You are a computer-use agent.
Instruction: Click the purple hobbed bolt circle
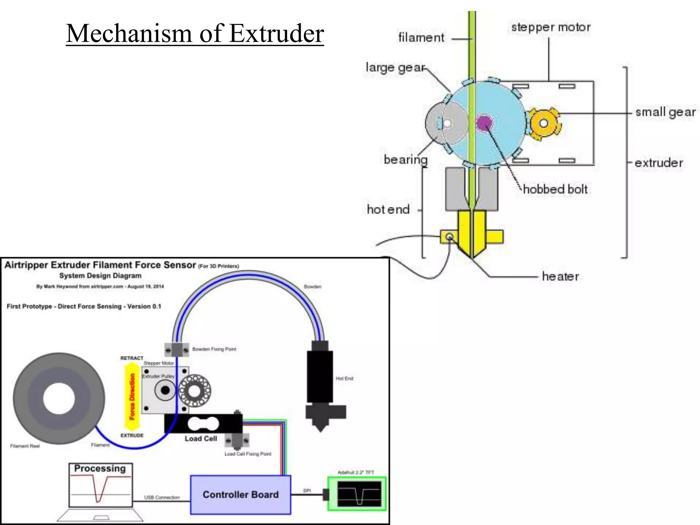coord(484,123)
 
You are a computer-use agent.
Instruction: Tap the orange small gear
coord(543,123)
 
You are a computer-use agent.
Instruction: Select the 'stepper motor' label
coord(551,27)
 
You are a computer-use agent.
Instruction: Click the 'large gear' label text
coord(395,67)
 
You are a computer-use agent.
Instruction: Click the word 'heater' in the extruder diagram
coord(560,276)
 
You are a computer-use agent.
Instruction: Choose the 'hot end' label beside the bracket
coord(388,209)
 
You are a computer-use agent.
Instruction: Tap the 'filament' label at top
coord(421,38)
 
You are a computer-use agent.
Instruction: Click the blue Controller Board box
coord(240,495)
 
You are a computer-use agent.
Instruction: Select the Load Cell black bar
coord(203,424)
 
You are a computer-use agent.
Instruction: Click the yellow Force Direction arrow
coord(132,396)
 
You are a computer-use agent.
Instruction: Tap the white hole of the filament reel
coord(59,399)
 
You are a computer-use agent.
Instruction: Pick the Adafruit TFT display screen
coord(359,494)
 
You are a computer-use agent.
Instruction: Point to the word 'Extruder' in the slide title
coord(276,33)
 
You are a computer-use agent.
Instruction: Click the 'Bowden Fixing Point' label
coord(214,349)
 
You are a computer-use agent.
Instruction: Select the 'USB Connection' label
coord(162,497)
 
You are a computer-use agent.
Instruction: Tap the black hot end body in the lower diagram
coord(320,376)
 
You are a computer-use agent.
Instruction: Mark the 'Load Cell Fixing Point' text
coord(247,454)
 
